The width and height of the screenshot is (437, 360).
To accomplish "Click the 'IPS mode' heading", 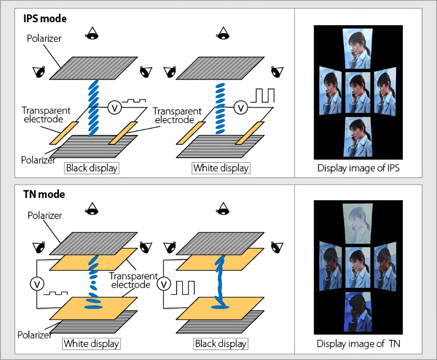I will [x=45, y=19].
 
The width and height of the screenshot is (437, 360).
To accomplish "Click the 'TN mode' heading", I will [x=44, y=194].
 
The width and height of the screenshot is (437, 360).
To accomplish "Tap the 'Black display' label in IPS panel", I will [x=92, y=168].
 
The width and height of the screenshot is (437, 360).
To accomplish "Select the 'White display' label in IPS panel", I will [x=221, y=168].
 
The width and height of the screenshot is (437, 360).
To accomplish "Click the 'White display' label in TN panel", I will [x=92, y=343].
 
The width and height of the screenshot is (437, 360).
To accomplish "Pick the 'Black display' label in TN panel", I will [x=220, y=343].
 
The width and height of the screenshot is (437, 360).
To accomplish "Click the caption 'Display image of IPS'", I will [x=358, y=168].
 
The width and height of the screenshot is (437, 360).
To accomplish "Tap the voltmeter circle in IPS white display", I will [x=241, y=107].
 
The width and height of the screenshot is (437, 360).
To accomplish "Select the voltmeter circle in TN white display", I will [x=37, y=284].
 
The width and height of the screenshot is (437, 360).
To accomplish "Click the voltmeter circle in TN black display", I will [x=164, y=284].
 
